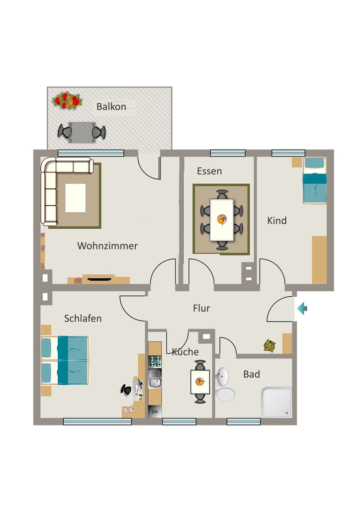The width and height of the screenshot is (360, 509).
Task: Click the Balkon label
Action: click(111, 107)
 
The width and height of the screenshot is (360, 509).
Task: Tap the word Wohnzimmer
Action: click(107, 246)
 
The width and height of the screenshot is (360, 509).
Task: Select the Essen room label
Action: click(209, 171)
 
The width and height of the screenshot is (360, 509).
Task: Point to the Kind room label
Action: click(277, 221)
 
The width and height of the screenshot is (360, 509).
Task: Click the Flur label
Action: click(201, 308)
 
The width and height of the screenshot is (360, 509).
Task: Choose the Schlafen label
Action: click(83, 319)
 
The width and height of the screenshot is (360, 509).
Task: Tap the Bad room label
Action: click(252, 374)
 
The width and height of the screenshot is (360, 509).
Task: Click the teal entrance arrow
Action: click(302, 308)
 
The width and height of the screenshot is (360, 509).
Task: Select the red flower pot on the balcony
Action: click(67, 100)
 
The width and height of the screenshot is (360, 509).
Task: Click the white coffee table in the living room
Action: click(75, 198)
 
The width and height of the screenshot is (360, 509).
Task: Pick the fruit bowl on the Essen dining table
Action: click(222, 219)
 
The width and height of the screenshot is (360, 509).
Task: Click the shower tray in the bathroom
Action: click(276, 402)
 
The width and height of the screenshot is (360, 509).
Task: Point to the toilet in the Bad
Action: click(225, 395)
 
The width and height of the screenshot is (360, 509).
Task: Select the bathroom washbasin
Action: click(222, 377)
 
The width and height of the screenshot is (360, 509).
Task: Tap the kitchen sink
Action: click(155, 378)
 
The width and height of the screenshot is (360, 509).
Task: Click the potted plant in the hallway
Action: click(270, 345)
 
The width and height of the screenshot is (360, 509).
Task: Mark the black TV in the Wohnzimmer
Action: click(98, 278)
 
